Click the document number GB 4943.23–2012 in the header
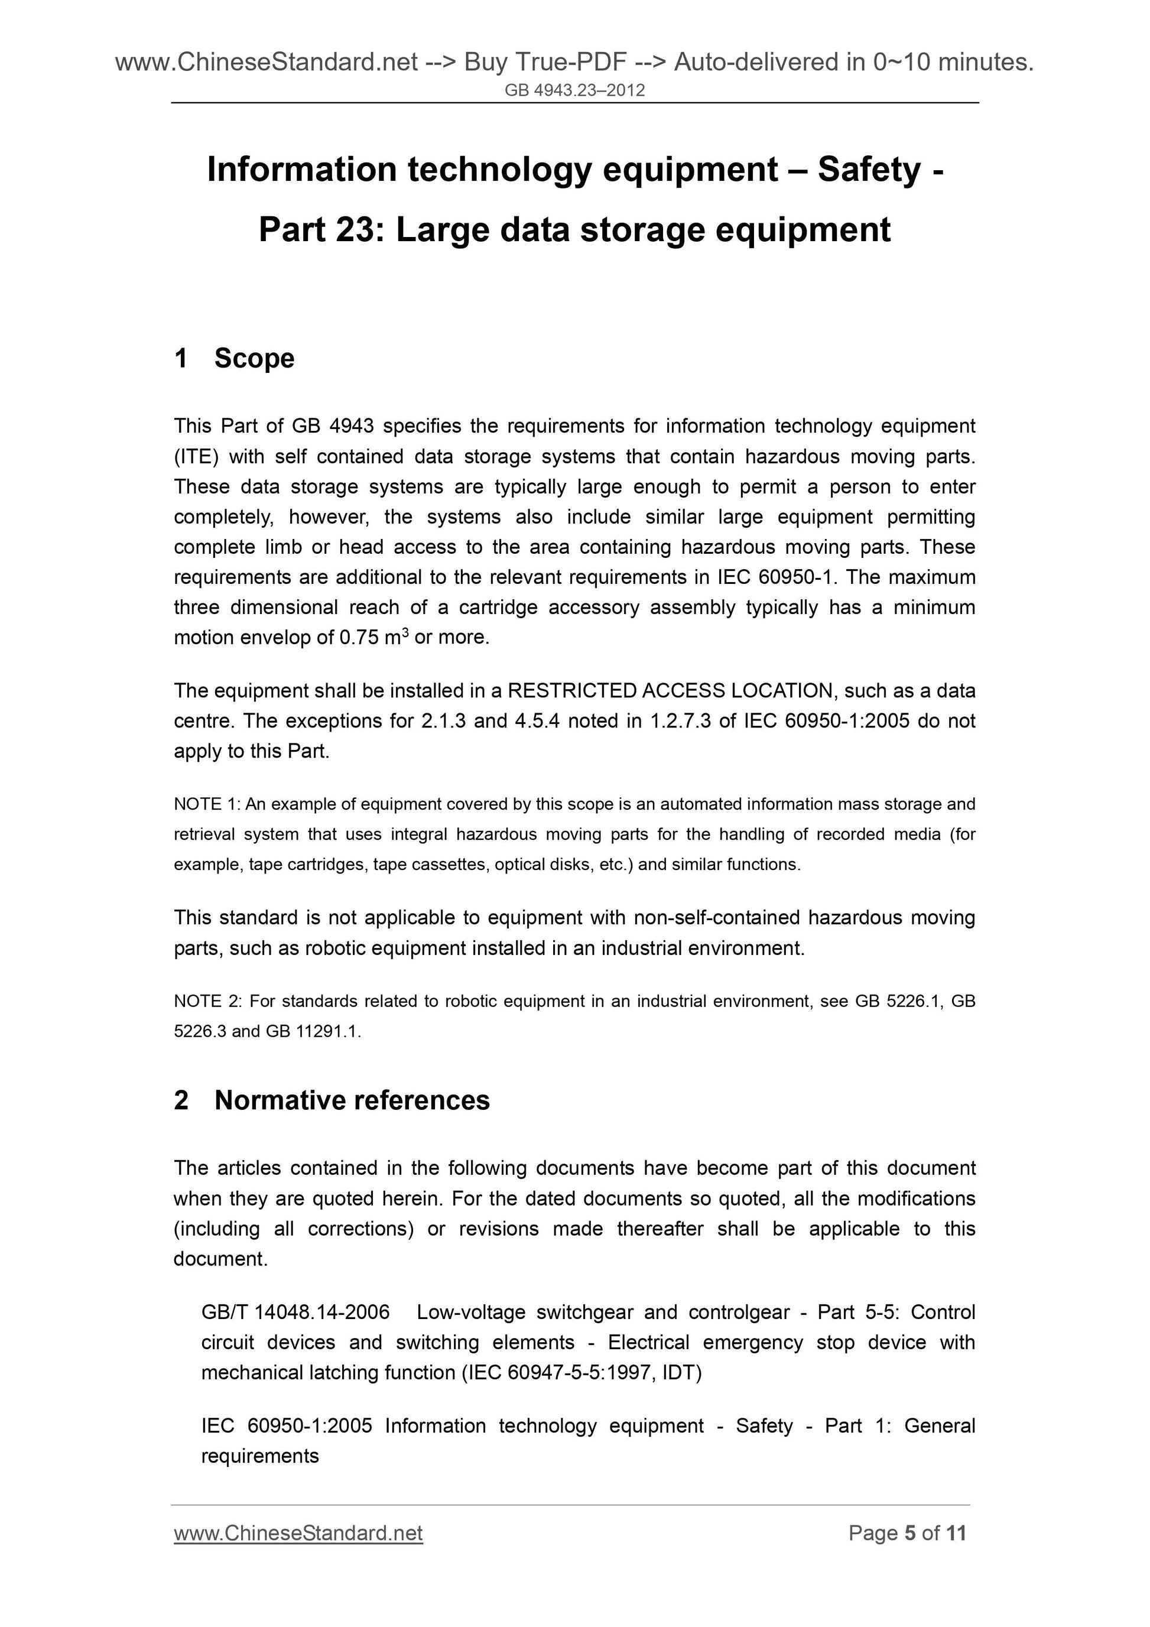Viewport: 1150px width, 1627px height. pyautogui.click(x=574, y=90)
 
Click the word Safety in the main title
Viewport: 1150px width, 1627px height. pyautogui.click(x=869, y=170)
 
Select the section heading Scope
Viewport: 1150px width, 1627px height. pyautogui.click(x=254, y=359)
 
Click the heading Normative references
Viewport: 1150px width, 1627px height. pyautogui.click(x=352, y=1100)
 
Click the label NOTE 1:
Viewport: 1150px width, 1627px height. pyautogui.click(x=207, y=804)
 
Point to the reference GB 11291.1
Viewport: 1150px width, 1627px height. pyautogui.click(x=313, y=1032)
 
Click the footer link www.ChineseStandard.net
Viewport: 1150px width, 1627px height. pyautogui.click(x=298, y=1534)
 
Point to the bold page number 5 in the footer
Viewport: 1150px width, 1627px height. pyautogui.click(x=911, y=1534)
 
